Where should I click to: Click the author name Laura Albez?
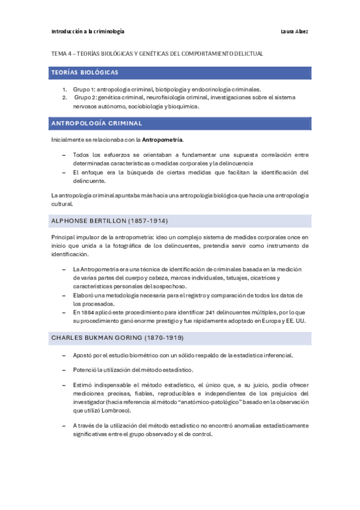tap(294, 31)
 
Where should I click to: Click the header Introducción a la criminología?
tap(88, 31)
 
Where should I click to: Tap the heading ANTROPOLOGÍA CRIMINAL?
tap(97, 123)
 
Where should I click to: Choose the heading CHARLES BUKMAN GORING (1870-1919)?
tap(118, 338)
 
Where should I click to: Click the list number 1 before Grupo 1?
tap(64, 89)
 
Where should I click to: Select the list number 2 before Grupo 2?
tap(64, 97)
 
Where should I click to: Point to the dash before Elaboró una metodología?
tap(64, 295)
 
